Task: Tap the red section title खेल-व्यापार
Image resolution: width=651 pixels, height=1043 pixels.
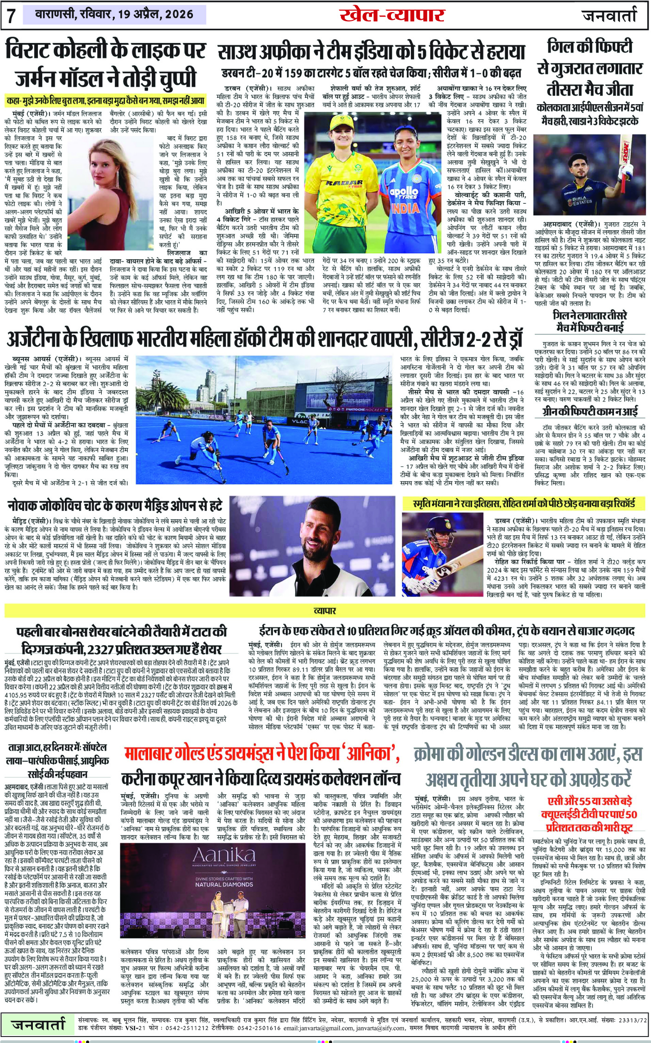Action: tap(391, 15)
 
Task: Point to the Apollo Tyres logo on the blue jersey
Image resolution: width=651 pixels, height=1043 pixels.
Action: tap(403, 192)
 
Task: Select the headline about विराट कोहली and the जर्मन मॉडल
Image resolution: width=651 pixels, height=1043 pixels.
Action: tap(105, 64)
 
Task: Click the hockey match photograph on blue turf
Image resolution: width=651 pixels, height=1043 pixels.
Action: tap(265, 420)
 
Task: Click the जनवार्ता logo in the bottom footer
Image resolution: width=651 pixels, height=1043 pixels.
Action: tap(38, 1024)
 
